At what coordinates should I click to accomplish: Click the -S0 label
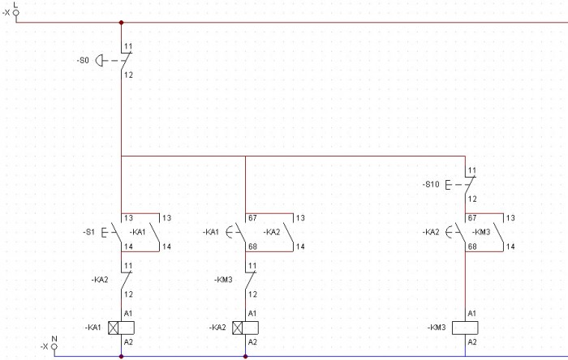(x=84, y=60)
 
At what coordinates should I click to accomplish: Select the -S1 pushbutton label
(x=88, y=232)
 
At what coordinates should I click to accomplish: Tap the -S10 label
(x=431, y=185)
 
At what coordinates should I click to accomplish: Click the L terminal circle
(x=15, y=12)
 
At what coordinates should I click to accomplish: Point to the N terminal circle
(x=54, y=346)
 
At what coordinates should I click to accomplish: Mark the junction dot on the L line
(x=121, y=23)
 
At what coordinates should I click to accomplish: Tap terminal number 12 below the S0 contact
(x=127, y=75)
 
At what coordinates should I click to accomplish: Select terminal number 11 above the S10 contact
(x=471, y=172)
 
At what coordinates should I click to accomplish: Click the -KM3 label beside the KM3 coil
(x=437, y=328)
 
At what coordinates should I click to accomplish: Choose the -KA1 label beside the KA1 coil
(x=93, y=328)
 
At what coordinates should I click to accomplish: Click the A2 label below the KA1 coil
(x=127, y=342)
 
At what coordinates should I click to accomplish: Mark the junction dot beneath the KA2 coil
(x=245, y=355)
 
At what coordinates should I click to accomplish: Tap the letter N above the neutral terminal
(x=54, y=337)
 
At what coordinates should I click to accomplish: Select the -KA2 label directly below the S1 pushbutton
(x=101, y=280)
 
